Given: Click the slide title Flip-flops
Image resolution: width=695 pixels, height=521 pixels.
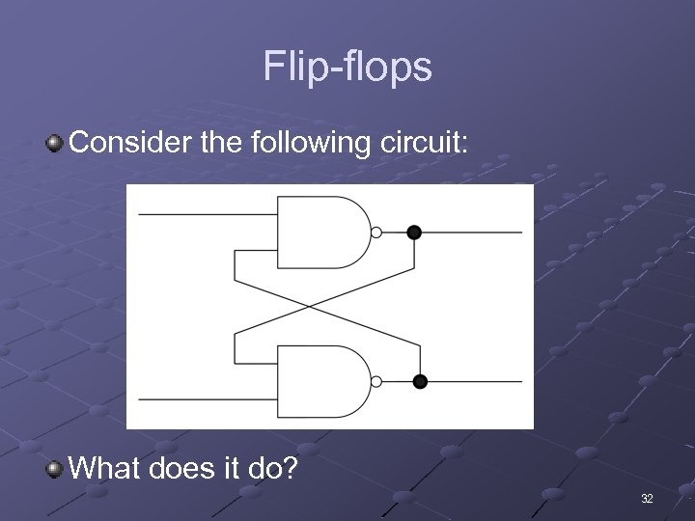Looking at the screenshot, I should tap(347, 68).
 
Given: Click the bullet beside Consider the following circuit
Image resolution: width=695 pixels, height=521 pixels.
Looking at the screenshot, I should tap(55, 145).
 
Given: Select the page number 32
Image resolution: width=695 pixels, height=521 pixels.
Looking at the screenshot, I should tap(646, 499).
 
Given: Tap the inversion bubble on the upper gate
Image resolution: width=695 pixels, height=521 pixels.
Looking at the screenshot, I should tap(376, 232).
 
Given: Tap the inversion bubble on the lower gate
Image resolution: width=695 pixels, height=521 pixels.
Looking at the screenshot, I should tap(376, 382).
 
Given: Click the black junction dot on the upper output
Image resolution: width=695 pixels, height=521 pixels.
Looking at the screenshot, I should tap(414, 232).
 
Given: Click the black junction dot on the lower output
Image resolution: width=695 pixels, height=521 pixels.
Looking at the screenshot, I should tap(419, 382).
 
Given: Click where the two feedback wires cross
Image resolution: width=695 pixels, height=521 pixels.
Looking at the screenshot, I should tap(310, 307).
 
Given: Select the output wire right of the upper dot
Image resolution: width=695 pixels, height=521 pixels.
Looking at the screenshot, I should tap(473, 232).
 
